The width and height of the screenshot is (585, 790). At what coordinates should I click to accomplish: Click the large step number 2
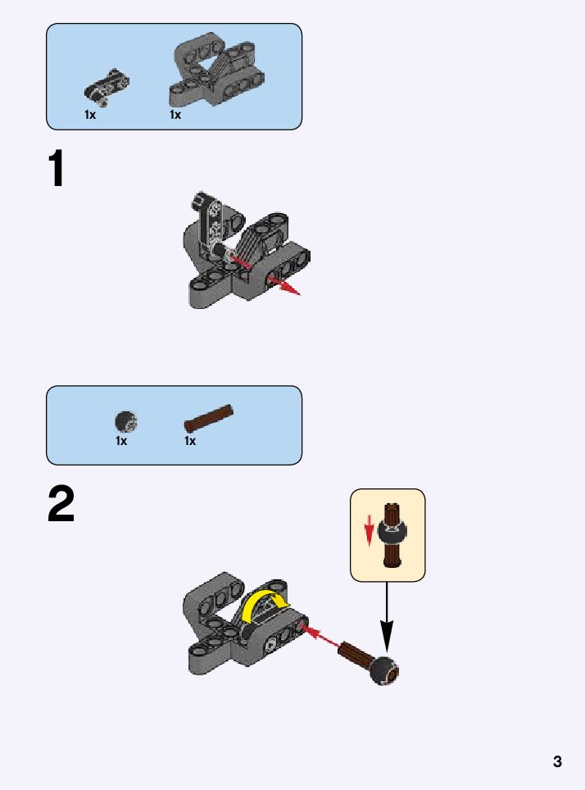coord(61,505)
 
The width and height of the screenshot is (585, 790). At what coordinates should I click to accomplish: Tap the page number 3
coord(557,762)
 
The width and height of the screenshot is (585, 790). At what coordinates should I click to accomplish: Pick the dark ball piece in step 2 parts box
coord(125,422)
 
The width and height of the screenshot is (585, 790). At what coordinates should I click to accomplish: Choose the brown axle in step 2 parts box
coord(209,418)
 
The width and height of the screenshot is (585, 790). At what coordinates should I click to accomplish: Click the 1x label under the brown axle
coord(190,442)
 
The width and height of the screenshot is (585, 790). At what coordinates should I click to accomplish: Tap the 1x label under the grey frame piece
coord(175,116)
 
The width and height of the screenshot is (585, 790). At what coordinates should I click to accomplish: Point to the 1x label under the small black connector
coord(90,116)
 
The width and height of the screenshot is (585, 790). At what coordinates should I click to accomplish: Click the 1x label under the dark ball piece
coord(121,442)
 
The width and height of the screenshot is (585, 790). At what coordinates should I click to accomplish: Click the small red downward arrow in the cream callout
coord(370,529)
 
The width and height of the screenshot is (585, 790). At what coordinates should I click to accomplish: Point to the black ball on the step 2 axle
coord(384,671)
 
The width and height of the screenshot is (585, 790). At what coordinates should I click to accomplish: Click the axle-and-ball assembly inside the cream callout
coord(395,535)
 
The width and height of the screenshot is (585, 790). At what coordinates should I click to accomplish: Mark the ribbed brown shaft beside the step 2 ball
coord(356,656)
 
